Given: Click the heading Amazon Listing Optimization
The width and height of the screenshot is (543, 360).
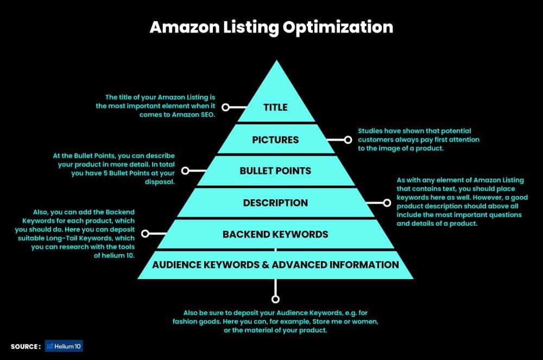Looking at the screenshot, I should coord(271,27).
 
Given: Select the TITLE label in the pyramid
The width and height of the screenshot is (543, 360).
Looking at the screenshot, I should coord(275,108).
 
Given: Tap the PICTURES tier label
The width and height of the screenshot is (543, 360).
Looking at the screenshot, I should coord(275,140).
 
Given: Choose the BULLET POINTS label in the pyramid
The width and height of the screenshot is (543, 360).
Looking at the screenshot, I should coord(275,170).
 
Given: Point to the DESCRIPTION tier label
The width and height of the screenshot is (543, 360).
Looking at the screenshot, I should coord(275,203).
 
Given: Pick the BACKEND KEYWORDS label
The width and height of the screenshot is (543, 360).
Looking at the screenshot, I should coord(275,234).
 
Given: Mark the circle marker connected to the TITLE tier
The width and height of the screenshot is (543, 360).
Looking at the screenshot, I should coord(225,108).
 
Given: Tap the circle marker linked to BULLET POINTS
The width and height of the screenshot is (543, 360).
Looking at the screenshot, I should coord(185,170).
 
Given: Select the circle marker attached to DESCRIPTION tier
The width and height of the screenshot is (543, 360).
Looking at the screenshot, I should coord(387,203).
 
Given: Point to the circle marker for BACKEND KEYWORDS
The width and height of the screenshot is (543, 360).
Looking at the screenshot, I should coord(146,234).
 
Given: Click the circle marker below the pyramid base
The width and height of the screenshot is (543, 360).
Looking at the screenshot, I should coord(275,299).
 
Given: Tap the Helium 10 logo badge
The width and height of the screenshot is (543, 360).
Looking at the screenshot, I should coord(64,346).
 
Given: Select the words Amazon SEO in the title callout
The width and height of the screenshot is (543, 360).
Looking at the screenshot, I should coord(196,115).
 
